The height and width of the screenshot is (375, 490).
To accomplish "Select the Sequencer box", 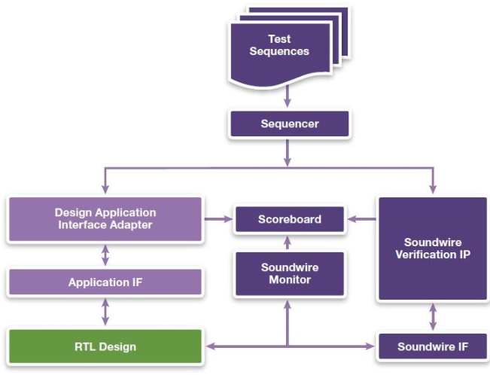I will [x=290, y=123].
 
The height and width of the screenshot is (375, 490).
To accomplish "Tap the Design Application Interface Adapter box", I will [x=105, y=219].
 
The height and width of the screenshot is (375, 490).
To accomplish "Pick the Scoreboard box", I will [x=290, y=220].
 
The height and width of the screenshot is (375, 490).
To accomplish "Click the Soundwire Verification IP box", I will [x=432, y=248].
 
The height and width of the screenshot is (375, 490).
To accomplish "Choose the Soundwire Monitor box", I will [x=290, y=273].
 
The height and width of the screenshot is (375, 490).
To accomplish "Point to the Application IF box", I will [x=105, y=283].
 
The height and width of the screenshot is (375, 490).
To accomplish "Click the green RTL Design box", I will [x=105, y=346].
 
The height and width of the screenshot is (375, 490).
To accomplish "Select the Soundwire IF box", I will [x=432, y=347].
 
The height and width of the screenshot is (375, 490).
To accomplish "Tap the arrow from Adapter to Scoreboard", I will [x=218, y=219].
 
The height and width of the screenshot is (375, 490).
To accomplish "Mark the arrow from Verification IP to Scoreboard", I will [x=361, y=219].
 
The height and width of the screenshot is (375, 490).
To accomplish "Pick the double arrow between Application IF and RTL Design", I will [x=105, y=312].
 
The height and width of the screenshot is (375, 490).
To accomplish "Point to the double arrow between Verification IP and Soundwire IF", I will [x=432, y=316].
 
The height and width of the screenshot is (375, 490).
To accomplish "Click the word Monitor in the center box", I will [x=290, y=279].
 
